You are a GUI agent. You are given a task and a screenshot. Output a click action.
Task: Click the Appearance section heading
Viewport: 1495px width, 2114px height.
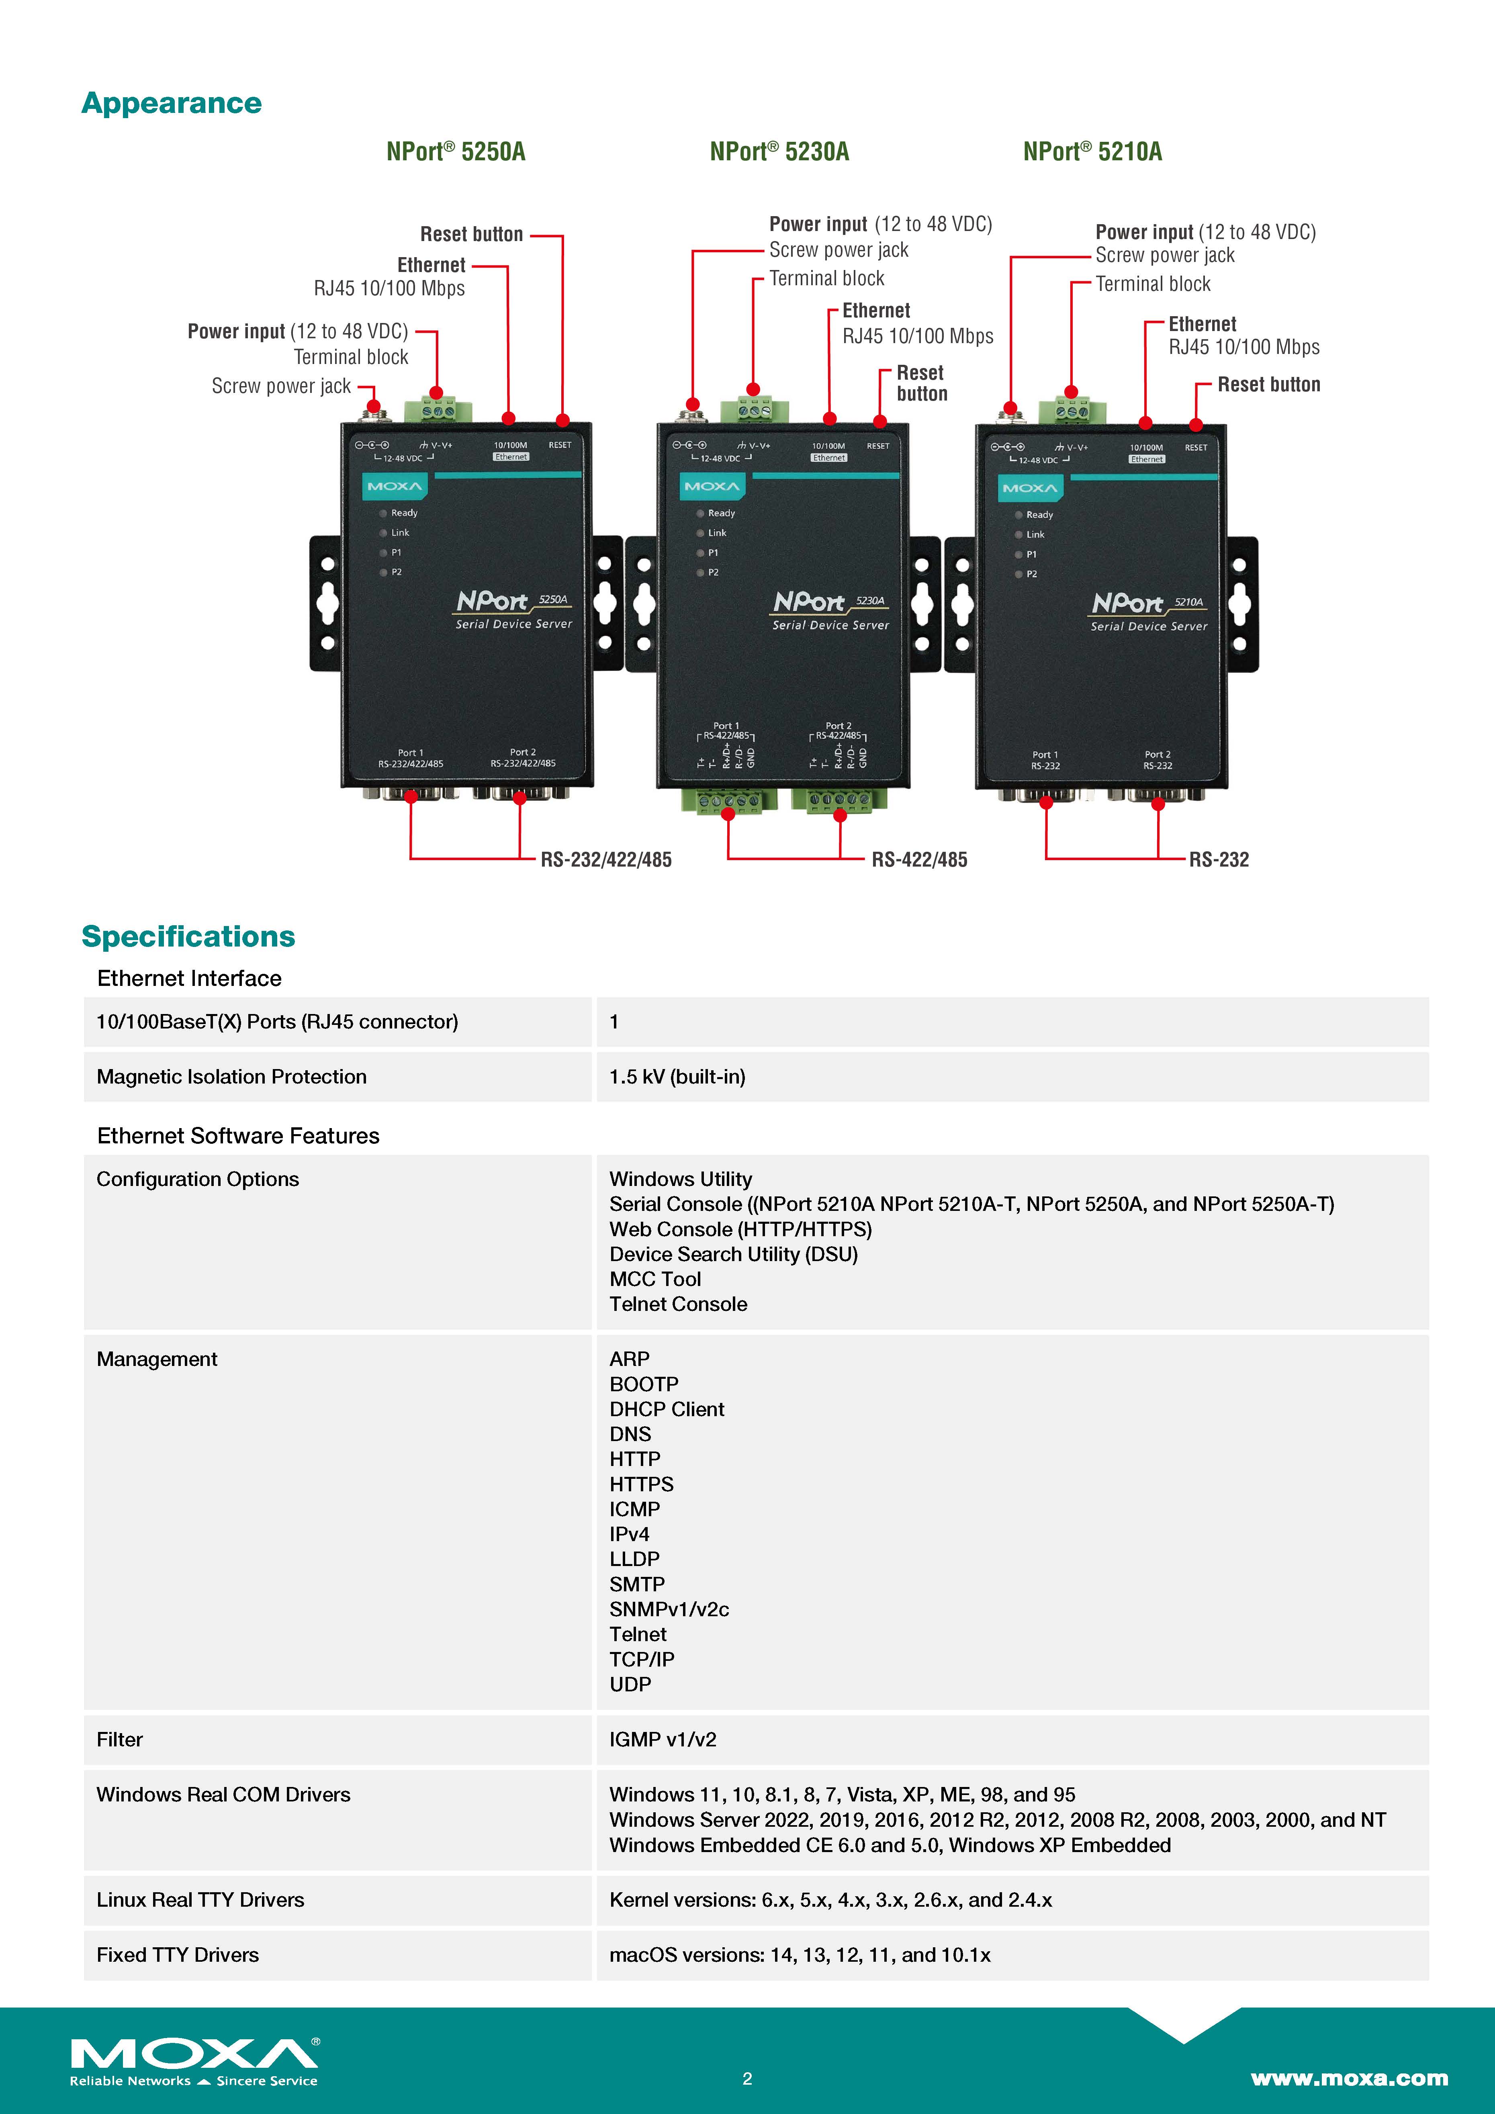[171, 103]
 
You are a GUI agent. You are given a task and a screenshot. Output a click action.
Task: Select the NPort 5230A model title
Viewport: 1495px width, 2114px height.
[779, 152]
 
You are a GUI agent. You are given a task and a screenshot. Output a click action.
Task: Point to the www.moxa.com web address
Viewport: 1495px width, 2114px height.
[1349, 2078]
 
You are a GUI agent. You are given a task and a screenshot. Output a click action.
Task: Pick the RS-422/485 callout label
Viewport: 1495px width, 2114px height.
[919, 860]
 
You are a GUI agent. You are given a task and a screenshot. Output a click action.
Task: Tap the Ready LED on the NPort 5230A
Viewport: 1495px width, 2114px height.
[701, 513]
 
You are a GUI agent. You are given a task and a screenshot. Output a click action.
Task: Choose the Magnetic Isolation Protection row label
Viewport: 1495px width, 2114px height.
[231, 1076]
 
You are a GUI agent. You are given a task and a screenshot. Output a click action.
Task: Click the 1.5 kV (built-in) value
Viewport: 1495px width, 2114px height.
[677, 1076]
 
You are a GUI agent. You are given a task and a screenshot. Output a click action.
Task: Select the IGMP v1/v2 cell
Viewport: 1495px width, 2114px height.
[662, 1739]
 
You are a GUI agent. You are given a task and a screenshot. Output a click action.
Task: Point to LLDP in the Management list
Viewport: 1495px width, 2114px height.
[634, 1559]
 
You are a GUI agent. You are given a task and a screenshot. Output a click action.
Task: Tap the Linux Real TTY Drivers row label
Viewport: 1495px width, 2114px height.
[200, 1899]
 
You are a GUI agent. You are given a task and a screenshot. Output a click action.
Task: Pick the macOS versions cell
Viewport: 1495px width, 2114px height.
[799, 1955]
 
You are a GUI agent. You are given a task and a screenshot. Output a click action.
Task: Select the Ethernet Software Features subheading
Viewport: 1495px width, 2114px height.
[237, 1135]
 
